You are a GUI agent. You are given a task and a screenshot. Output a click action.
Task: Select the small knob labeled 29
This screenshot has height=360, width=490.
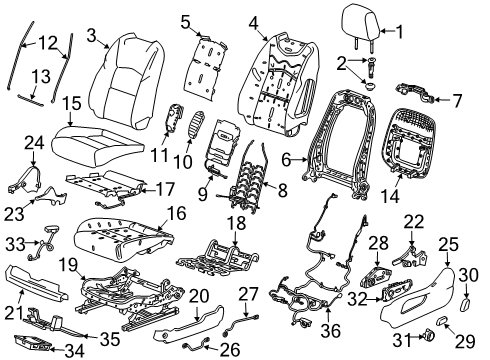click(442, 321)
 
